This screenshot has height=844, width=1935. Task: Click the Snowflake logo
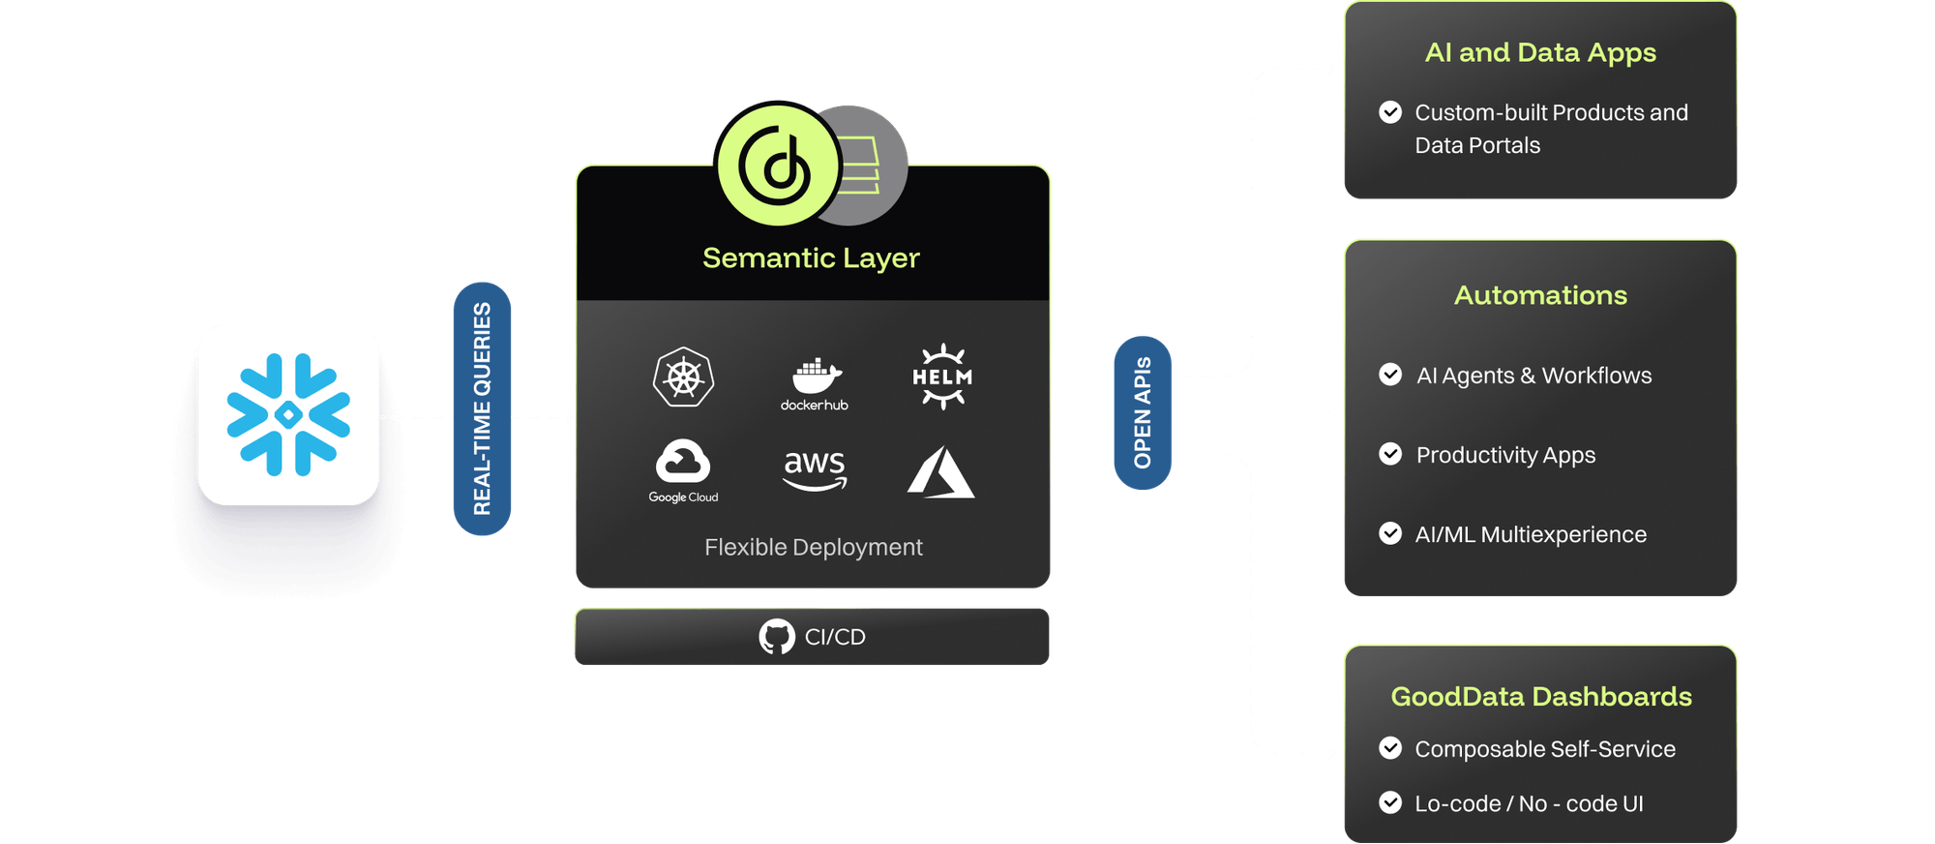288,414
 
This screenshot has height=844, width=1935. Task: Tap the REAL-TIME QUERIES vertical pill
482,408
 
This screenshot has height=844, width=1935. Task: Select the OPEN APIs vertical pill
1143,412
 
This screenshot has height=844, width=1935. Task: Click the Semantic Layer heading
811,258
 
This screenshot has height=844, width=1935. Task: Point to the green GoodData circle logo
777,165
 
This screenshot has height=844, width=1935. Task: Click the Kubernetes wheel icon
683,377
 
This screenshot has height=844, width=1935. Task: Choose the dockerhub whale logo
815,383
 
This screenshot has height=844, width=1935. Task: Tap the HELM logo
942,377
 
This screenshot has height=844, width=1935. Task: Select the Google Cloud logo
683,470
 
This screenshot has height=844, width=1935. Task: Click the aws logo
815,468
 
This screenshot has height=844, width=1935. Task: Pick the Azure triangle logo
940,472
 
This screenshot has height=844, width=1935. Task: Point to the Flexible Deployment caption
814,548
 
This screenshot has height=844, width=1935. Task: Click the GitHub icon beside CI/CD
777,637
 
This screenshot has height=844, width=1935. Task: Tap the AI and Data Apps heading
1540,52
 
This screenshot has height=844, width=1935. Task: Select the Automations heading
1540,295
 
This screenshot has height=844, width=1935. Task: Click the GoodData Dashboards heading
1541,697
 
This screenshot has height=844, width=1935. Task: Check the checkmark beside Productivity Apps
1390,454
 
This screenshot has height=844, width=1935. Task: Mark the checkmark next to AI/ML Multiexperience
1390,533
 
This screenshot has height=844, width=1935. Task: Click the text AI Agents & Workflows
1533,376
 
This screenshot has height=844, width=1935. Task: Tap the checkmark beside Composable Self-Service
1390,748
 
